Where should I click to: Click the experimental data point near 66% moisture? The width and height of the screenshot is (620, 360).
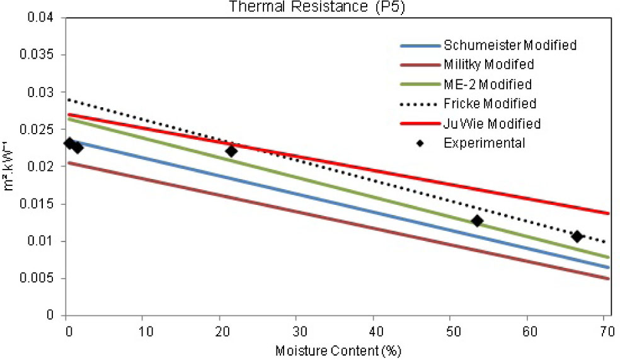(577, 236)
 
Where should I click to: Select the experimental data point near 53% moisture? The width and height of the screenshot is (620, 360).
(477, 221)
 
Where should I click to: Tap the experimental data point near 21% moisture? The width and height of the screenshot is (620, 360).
(231, 151)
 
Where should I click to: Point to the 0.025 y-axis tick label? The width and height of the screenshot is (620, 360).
(42, 129)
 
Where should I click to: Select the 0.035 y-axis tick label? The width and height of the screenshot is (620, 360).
(42, 55)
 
